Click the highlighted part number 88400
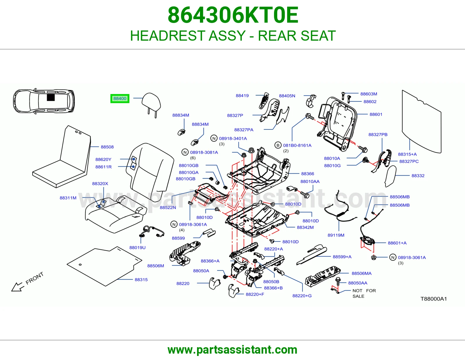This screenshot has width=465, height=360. (120, 98)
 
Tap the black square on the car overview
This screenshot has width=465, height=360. (51, 98)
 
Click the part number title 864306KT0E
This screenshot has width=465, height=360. (233, 15)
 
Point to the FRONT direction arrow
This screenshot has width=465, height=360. (17, 287)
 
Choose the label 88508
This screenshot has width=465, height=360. (107, 147)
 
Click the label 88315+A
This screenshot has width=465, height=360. (407, 154)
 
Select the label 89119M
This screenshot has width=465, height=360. (336, 235)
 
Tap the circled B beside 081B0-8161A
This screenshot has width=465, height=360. (278, 145)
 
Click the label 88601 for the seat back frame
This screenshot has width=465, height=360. (376, 114)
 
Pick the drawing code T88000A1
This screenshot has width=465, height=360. (434, 299)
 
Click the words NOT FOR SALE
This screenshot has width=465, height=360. (364, 293)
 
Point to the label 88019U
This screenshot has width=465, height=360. (137, 248)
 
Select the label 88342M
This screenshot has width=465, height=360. (305, 227)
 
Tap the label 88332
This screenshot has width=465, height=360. (418, 176)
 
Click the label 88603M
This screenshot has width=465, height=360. (369, 94)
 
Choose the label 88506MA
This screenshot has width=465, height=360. (362, 273)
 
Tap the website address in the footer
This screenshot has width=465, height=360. (233, 350)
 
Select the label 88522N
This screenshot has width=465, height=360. (168, 207)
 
